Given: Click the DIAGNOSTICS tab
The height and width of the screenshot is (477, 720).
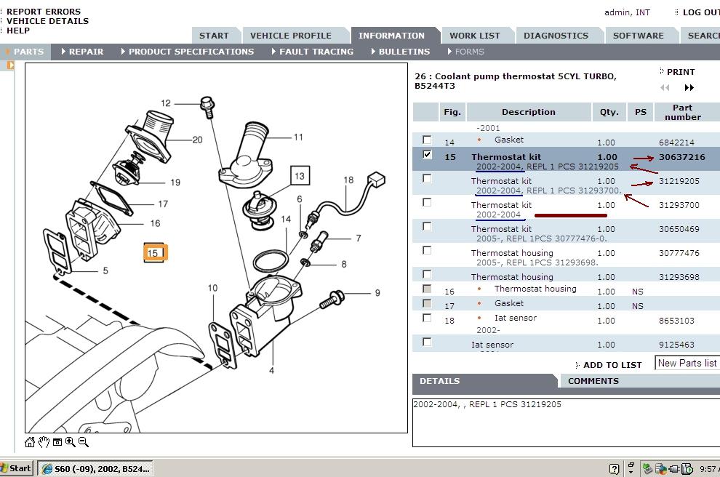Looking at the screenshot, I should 556,36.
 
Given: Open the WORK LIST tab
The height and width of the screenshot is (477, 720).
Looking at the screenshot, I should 474,36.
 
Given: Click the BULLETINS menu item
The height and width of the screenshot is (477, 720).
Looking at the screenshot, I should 404,52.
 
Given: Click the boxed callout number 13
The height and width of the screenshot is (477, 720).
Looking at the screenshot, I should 300,175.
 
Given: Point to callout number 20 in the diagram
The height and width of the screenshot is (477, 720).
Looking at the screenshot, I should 197,140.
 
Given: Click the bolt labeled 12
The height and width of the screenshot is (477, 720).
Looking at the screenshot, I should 207,106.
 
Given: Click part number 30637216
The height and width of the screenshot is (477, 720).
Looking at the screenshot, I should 681,157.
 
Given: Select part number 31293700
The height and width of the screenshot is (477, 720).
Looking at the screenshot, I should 679,205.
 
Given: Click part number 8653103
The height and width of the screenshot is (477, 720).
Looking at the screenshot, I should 676,321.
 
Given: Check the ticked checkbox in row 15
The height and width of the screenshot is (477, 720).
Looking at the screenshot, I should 427,154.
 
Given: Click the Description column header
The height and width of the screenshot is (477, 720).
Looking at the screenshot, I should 528,112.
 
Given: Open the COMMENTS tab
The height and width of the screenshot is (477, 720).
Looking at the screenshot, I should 593,381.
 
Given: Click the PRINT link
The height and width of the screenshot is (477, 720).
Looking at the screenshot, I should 680,72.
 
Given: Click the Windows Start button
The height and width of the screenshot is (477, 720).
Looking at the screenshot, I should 17,468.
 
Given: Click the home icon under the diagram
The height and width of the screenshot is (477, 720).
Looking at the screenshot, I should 30,442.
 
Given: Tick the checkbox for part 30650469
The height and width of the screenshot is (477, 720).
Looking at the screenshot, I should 427,226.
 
